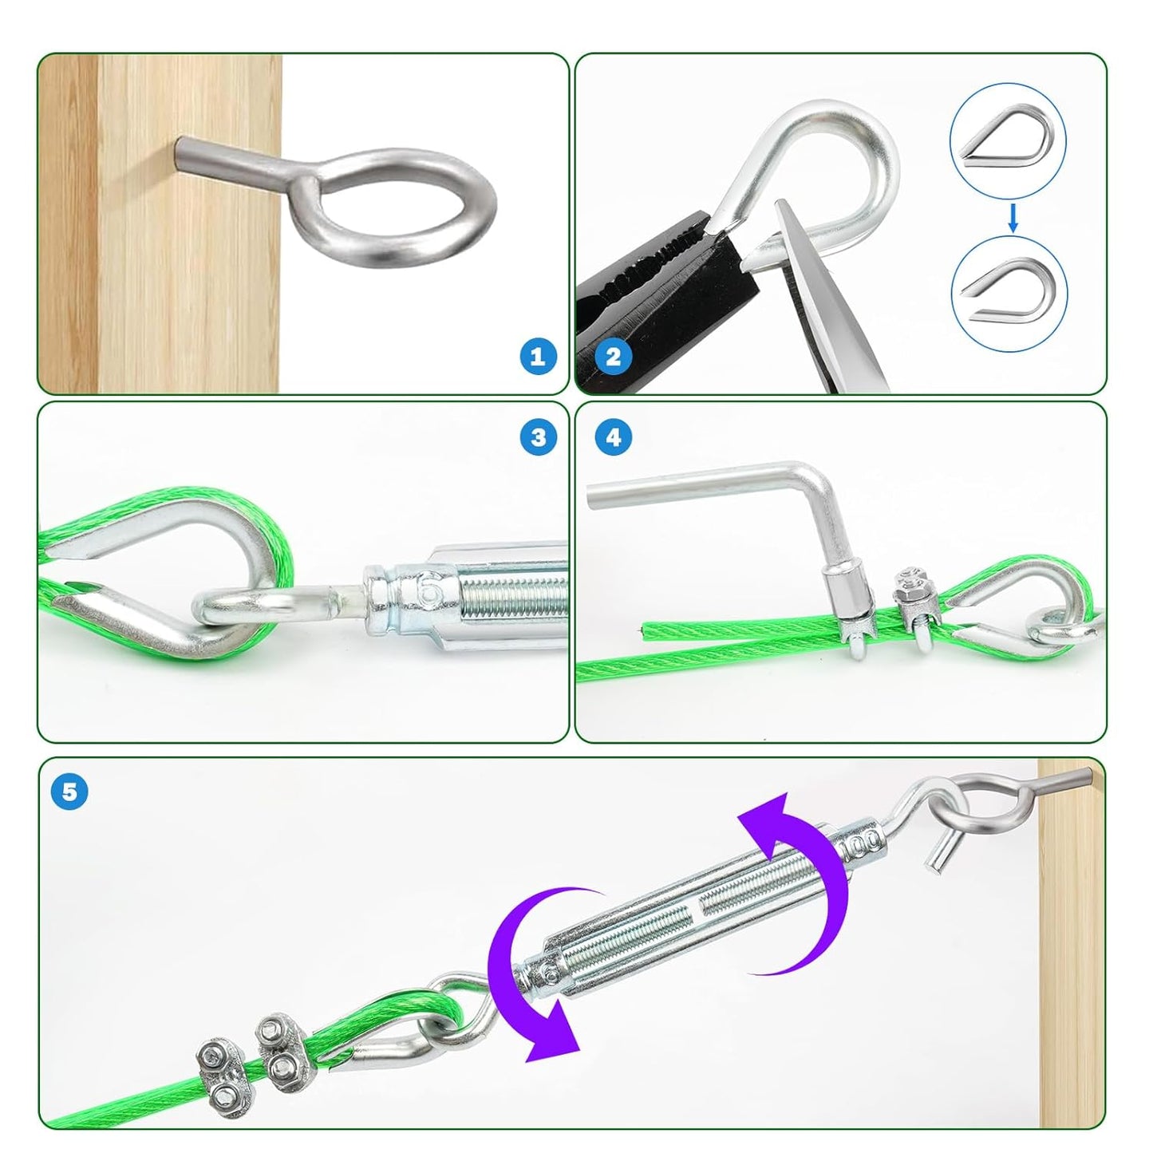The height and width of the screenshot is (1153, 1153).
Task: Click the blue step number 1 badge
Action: pos(538,356)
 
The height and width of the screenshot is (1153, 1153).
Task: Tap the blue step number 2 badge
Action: pos(613,356)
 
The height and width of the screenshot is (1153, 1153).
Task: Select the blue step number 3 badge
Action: pos(539,436)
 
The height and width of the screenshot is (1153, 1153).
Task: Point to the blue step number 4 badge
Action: pos(613,436)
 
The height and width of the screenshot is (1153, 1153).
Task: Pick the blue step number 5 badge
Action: pos(69,792)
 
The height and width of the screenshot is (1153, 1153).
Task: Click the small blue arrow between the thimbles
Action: pos(1013,216)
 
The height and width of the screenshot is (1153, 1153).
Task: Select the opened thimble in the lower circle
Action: pos(1009,294)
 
